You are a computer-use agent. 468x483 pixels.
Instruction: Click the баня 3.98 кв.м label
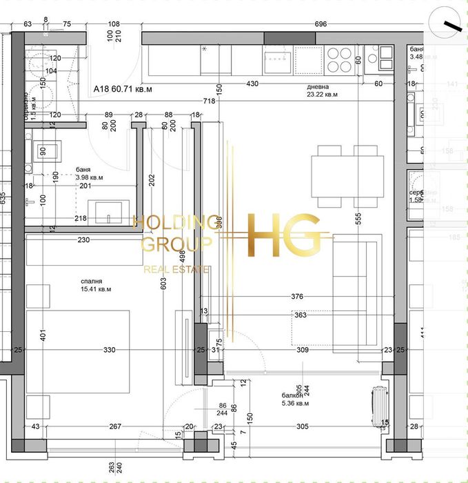pyautogui.click(x=89, y=172)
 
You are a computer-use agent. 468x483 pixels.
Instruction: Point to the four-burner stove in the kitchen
pyautogui.click(x=338, y=60)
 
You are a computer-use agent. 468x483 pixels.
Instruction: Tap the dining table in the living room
pyautogui.click(x=347, y=175)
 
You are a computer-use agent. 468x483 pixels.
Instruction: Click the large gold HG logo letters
pyautogui.click(x=284, y=235)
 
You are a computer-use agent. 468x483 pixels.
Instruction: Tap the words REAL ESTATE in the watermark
pyautogui.click(x=176, y=269)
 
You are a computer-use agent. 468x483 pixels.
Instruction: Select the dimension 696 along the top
pyautogui.click(x=321, y=24)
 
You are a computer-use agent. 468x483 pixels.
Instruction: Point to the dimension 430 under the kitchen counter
pyautogui.click(x=252, y=84)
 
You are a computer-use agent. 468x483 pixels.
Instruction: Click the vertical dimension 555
pyautogui.click(x=358, y=216)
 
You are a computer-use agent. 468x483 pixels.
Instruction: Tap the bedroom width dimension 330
pyautogui.click(x=110, y=351)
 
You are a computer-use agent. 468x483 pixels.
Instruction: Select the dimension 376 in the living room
pyautogui.click(x=297, y=297)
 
